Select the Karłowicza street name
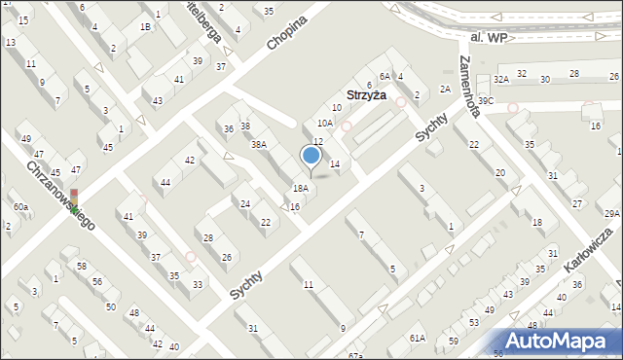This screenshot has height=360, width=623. click(593, 251)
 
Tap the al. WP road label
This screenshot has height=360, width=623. click(488, 36)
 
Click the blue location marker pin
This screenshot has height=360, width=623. click(311, 157)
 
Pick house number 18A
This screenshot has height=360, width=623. click(301, 188)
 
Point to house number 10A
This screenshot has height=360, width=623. click(325, 124)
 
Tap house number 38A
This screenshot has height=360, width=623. click(258, 144)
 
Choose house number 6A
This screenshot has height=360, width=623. click(385, 76)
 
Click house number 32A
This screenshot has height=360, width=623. click(500, 79)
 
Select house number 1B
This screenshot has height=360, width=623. click(145, 27)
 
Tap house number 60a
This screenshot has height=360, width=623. click(20, 206)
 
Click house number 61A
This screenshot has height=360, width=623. click(417, 338)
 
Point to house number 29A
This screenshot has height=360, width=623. click(611, 213)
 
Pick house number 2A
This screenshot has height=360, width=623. click(444, 89)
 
